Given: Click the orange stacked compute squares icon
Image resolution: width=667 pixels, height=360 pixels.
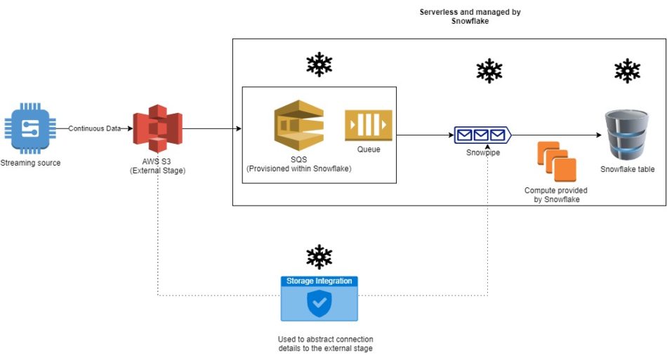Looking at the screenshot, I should (556, 161).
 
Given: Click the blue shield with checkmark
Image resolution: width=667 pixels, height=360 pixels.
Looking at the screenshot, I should (319, 303).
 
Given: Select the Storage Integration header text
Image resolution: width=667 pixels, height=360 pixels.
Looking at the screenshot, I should (319, 281).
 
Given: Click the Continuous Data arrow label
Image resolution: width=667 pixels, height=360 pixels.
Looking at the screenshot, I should (95, 128).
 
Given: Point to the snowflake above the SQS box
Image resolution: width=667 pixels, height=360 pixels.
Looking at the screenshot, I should (319, 65).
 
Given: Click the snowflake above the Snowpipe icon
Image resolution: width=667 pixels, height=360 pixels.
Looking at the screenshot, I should (489, 71).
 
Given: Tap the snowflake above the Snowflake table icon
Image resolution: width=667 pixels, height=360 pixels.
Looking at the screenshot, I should (626, 71).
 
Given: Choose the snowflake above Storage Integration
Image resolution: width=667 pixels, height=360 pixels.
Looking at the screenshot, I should (319, 256).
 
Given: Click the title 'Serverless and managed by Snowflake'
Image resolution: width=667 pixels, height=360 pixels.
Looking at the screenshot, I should (470, 17).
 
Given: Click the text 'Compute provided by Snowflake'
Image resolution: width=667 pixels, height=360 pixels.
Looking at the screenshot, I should (555, 195).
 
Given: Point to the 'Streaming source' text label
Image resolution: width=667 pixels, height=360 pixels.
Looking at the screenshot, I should (31, 163).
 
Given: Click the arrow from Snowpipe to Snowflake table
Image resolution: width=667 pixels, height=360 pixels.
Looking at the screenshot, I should (555, 135).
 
